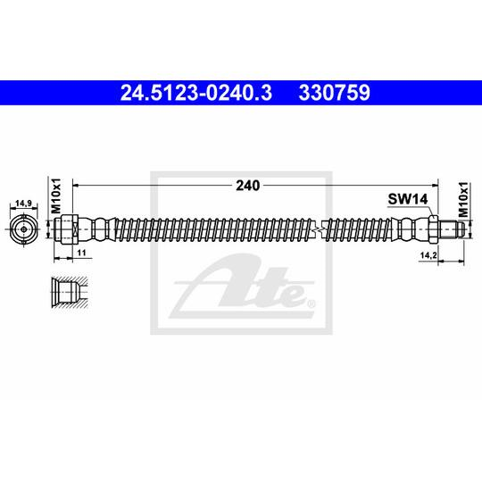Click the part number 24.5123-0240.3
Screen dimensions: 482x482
[196, 93]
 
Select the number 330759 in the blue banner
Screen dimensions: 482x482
[334, 93]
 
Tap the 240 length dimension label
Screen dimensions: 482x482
[248, 186]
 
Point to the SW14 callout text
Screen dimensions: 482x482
[408, 199]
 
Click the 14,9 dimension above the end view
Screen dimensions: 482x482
[24, 204]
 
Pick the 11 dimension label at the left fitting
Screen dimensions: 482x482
[81, 253]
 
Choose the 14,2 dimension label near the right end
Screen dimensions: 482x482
[428, 255]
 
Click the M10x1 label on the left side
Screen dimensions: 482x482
[56, 195]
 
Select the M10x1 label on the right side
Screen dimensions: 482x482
[463, 200]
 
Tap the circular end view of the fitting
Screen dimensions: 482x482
[24, 229]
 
